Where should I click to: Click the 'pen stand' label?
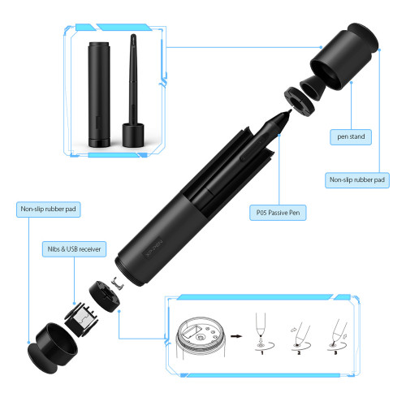coord(351,136)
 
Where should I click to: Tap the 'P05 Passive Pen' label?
coord(278,213)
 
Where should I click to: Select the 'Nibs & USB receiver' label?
coord(74,249)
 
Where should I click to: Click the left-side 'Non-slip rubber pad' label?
coord(49,209)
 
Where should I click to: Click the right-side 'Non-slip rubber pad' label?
coord(357,180)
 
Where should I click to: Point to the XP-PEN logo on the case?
coord(153,249)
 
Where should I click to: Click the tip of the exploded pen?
coord(291,110)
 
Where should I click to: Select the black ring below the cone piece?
coord(300,101)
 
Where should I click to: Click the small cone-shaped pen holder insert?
coord(313,88)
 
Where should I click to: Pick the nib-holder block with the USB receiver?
coord(81,320)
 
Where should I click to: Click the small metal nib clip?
coord(118,283)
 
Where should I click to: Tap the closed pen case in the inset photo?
coord(99,94)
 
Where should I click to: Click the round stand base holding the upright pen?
coord(133,135)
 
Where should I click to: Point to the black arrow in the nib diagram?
coord(236,336)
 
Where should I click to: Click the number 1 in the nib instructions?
coord(262,353)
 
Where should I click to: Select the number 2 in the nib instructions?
coord(299,353)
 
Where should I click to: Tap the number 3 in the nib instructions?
coord(335,352)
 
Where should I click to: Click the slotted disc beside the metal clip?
coord(105,296)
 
